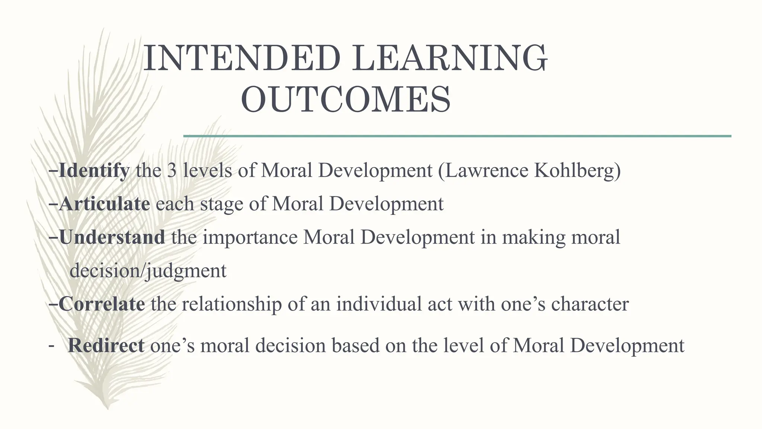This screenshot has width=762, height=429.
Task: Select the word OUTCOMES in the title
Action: [x=346, y=99]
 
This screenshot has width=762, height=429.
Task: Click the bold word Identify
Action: [x=94, y=171]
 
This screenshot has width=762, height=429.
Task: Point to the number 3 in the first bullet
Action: [x=172, y=171]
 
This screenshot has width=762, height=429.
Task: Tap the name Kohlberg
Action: [x=575, y=171]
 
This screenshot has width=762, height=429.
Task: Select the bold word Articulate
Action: [x=105, y=204]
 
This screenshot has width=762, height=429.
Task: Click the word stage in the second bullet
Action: [x=221, y=204]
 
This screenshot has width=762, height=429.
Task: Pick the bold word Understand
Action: [x=112, y=237]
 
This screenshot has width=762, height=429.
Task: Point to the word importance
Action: [x=250, y=238]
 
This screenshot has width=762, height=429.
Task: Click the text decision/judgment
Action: [x=148, y=271]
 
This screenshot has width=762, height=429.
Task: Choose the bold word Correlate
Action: [x=102, y=304]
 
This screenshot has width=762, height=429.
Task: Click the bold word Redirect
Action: [x=106, y=345]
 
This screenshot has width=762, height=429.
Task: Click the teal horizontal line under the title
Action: [x=457, y=136]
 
